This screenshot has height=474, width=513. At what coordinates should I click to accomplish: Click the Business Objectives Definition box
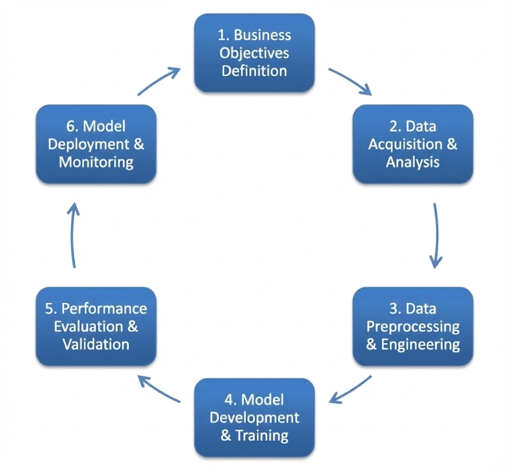[x=254, y=53]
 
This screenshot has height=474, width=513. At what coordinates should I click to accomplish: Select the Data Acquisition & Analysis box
[x=412, y=144]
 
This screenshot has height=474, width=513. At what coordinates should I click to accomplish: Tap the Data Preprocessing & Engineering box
[x=412, y=327]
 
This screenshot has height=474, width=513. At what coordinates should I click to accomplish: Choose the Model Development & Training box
[x=254, y=418]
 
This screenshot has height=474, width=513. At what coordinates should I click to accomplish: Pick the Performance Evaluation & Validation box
[x=96, y=327]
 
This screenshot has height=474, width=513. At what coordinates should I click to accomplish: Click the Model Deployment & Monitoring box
[x=96, y=144]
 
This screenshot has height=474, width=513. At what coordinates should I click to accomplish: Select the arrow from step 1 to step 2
[x=350, y=81]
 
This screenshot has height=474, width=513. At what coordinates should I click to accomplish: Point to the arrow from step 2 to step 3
[x=436, y=235]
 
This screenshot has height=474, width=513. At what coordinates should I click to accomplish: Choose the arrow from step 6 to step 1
[x=159, y=81]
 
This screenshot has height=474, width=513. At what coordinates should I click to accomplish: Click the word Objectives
[x=254, y=53]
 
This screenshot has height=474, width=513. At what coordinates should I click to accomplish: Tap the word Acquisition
[x=405, y=144]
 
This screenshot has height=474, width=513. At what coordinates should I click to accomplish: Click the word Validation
[x=96, y=344]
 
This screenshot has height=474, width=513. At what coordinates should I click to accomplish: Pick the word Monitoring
[x=96, y=162]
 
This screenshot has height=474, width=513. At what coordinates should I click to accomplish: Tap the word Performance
[x=104, y=309]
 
